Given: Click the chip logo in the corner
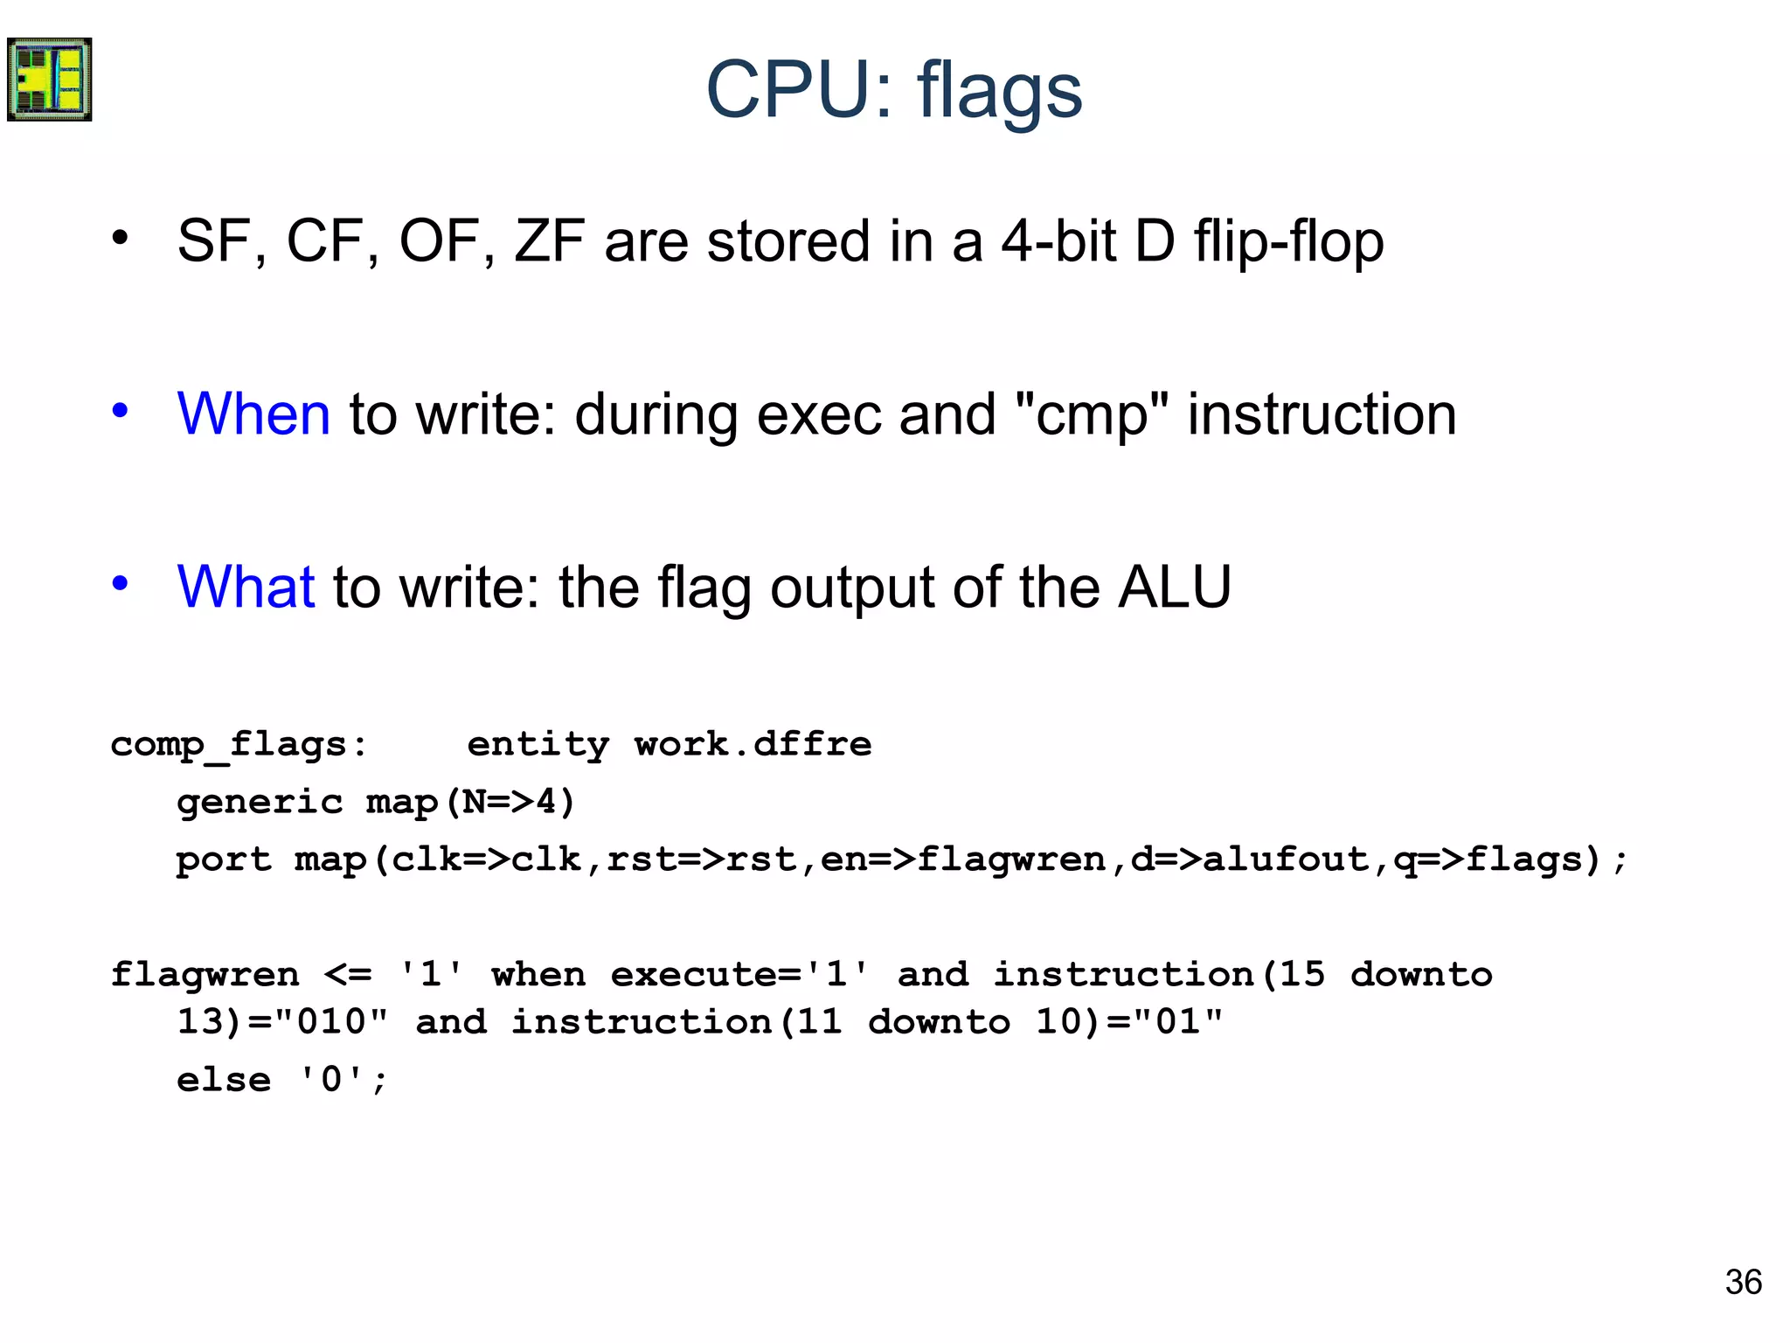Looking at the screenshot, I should (49, 79).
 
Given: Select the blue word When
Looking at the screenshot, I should (253, 414).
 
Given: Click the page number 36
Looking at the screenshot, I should (1743, 1282).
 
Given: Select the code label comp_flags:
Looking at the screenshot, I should (239, 745).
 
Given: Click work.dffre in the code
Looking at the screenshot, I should (753, 744).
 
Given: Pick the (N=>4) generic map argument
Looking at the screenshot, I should (510, 802).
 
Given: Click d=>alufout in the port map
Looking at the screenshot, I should (1250, 859).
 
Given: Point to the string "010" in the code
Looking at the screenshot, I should (330, 1021).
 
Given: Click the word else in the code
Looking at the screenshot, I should (224, 1080).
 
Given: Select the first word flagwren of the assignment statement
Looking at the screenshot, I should (205, 974).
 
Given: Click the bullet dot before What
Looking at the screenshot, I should (121, 583).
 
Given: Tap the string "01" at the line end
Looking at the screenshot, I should (1178, 1021).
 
